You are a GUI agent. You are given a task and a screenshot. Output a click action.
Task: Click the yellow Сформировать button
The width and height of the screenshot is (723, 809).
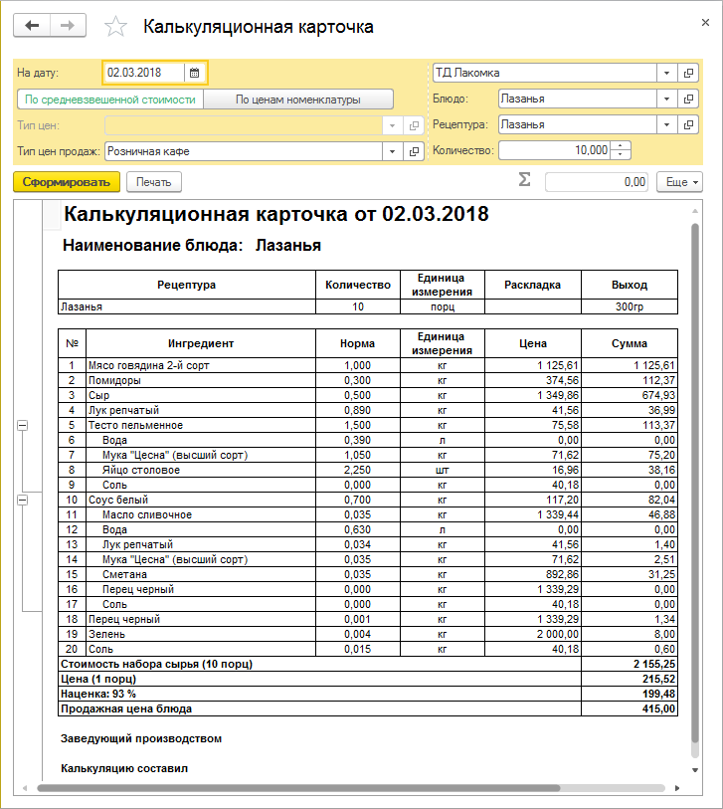click(x=66, y=182)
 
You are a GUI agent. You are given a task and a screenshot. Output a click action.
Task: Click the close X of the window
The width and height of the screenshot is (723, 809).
click(x=704, y=23)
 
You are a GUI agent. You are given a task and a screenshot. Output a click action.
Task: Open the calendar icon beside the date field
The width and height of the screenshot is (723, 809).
click(x=195, y=73)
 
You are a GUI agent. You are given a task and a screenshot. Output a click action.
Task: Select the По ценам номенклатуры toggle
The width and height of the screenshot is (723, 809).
click(x=297, y=100)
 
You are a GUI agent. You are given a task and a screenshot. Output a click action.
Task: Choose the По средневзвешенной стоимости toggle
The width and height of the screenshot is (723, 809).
click(x=110, y=100)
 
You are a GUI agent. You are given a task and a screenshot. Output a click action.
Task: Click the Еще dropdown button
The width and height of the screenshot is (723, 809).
click(x=680, y=182)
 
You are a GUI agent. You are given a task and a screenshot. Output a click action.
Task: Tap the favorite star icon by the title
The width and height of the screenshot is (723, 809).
click(x=116, y=27)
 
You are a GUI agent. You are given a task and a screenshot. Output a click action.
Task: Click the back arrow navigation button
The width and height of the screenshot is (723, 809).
click(x=32, y=25)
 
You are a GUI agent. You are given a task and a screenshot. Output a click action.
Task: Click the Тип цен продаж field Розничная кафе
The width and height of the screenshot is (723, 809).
click(x=243, y=151)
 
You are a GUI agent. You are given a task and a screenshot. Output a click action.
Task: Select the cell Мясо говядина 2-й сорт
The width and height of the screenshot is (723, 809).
click(x=148, y=365)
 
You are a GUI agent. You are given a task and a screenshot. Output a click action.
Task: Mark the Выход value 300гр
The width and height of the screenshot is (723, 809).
click(x=629, y=306)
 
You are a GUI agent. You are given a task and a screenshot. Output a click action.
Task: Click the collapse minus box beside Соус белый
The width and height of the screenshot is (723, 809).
click(x=22, y=500)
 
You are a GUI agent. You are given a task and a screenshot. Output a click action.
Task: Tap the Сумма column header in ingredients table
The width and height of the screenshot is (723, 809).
click(x=629, y=343)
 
